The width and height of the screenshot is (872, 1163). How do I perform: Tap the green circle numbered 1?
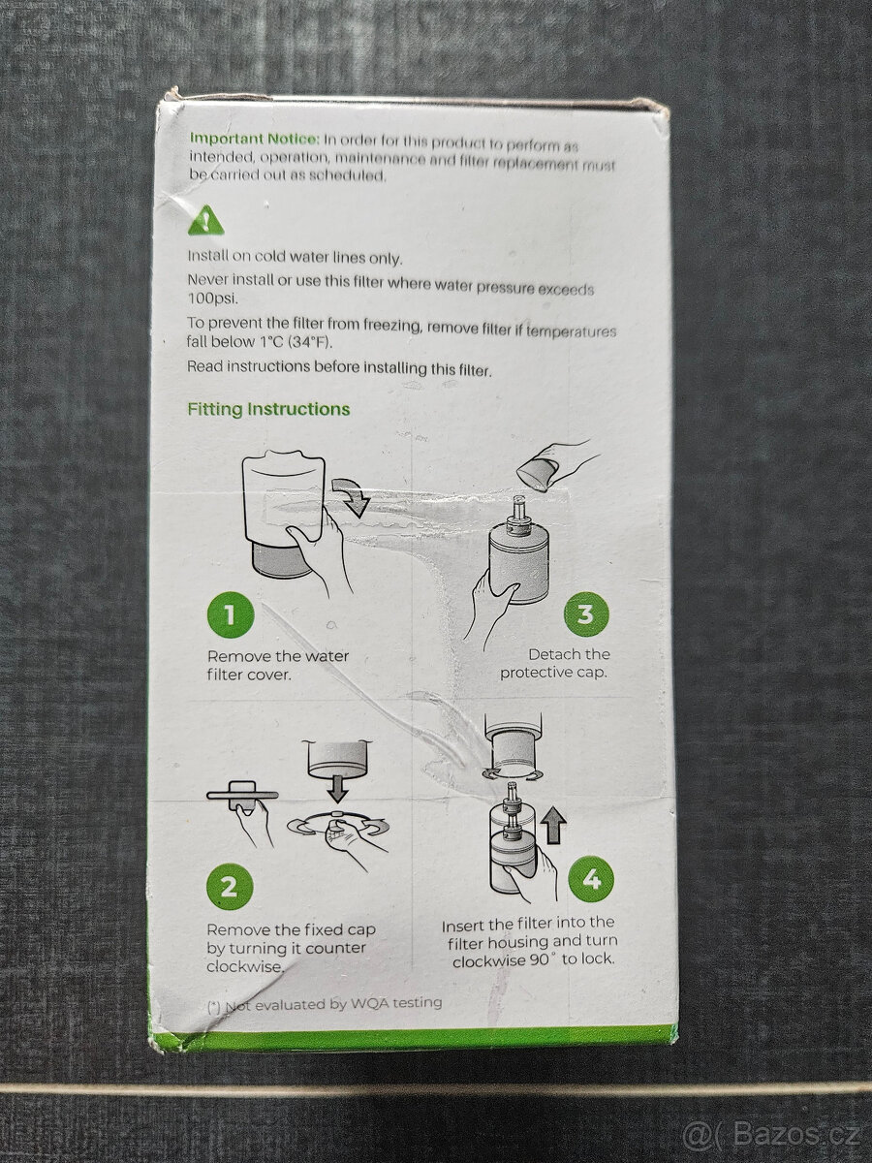click(x=231, y=614)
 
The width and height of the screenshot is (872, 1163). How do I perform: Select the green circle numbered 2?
click(x=229, y=886)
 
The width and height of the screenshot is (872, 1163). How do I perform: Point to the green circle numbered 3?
click(x=585, y=614)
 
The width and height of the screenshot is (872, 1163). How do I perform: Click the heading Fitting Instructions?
click(x=268, y=409)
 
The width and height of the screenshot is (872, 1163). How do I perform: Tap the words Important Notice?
click(x=254, y=139)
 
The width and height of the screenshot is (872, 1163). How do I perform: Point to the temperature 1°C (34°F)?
click(x=296, y=342)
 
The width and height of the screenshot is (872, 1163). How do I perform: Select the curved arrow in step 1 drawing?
click(x=351, y=496)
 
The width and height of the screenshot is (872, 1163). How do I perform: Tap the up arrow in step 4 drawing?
click(x=554, y=825)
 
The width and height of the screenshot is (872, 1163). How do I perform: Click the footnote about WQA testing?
click(x=326, y=1004)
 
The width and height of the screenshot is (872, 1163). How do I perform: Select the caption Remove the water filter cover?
click(x=278, y=666)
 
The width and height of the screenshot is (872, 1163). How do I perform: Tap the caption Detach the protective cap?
click(x=555, y=663)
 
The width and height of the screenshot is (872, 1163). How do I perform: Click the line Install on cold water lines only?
click(x=295, y=258)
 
